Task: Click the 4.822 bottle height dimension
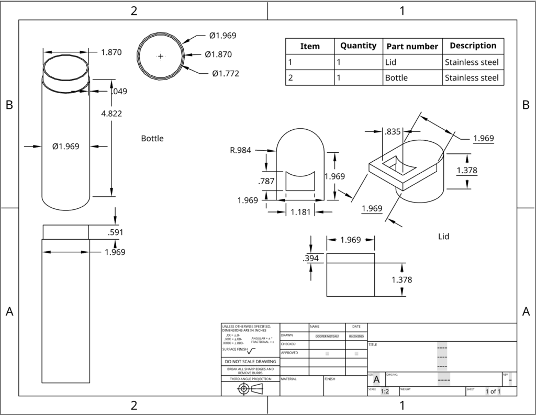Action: point(113,113)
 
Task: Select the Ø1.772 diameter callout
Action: point(226,73)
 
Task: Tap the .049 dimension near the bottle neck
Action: point(119,91)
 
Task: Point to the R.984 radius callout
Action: point(240,150)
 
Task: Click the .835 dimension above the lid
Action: point(393,131)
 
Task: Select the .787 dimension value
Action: point(267,182)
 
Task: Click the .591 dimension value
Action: point(115,232)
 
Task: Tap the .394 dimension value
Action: point(311,258)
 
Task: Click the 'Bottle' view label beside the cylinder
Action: point(152,139)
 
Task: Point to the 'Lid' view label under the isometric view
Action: point(444,237)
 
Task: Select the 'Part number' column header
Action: point(412,46)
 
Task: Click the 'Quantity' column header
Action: point(358,46)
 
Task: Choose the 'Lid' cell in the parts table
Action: point(390,62)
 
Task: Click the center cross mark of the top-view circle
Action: point(161,55)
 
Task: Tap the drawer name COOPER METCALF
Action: point(327,335)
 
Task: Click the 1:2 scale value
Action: point(385,391)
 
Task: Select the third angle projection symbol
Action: point(250,388)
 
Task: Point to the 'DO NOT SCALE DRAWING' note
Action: point(250,362)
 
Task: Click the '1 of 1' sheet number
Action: point(493,391)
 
